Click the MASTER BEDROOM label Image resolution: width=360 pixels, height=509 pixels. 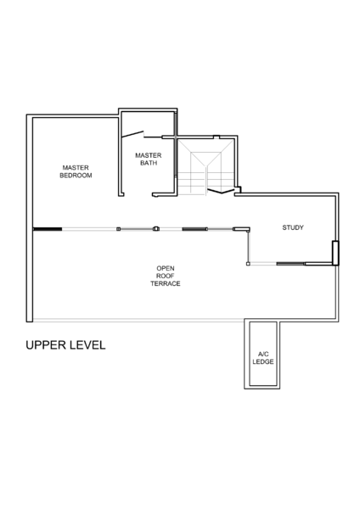76,171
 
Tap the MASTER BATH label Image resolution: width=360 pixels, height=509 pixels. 149,159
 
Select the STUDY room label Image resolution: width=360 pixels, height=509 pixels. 293,227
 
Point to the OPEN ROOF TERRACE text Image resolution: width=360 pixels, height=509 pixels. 166,276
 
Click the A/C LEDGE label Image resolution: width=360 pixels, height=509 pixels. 263,358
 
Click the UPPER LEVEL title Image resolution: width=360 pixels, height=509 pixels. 65,345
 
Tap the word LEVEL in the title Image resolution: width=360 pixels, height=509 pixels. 87,345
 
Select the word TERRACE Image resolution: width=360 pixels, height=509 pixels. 166,283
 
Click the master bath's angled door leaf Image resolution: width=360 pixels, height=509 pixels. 132,134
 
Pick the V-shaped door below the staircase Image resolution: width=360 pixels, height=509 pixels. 222,191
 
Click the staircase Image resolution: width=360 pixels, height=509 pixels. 206,167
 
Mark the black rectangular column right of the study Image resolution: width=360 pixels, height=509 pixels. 335,253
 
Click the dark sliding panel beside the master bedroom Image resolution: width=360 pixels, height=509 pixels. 48,229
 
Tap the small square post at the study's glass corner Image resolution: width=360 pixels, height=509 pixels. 248,264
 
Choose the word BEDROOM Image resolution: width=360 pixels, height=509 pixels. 76,176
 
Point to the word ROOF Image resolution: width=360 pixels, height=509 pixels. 166,276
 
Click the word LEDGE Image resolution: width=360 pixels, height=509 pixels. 263,361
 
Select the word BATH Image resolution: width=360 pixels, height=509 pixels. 149,163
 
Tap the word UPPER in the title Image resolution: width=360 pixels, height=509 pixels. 46,345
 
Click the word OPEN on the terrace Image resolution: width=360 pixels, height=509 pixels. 166,268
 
